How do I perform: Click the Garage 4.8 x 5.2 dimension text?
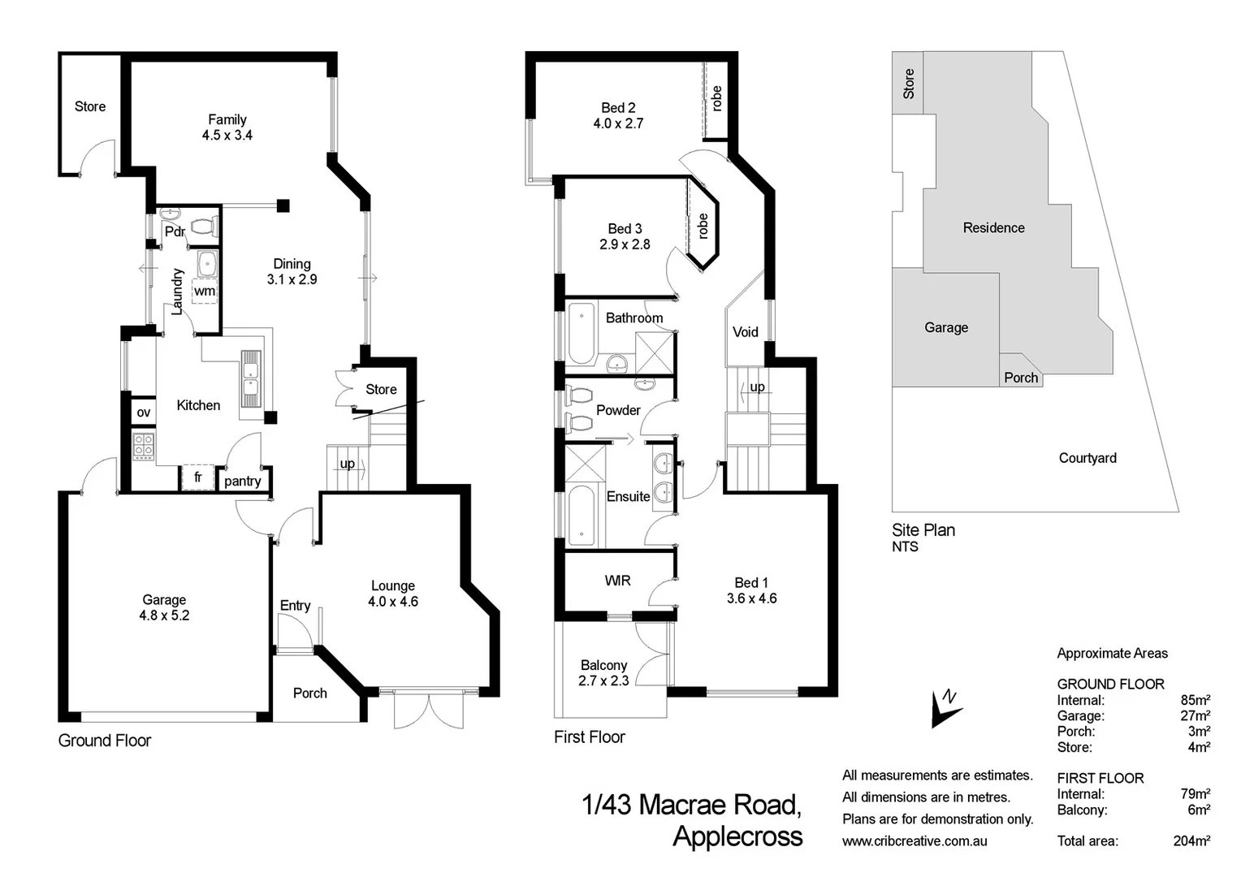(x=164, y=616)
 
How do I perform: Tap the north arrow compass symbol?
(x=945, y=708)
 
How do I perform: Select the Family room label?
(x=227, y=119)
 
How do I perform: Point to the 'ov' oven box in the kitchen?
(x=143, y=413)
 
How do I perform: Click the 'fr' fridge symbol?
(x=197, y=477)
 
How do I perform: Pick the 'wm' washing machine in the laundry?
(x=205, y=291)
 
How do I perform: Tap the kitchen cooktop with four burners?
(x=143, y=446)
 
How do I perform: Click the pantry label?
(x=242, y=481)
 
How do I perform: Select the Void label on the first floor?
(x=745, y=331)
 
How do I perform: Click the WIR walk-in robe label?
(x=617, y=581)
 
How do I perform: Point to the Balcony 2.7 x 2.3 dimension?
(x=603, y=680)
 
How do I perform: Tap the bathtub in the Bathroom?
(x=581, y=334)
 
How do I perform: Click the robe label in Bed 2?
(x=716, y=98)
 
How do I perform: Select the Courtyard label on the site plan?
(x=1087, y=458)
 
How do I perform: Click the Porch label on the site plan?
(x=1020, y=378)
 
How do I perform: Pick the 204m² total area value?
(x=1191, y=840)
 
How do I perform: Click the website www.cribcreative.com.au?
(x=915, y=840)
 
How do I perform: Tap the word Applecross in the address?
(x=737, y=836)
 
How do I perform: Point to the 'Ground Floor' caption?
(x=105, y=741)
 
